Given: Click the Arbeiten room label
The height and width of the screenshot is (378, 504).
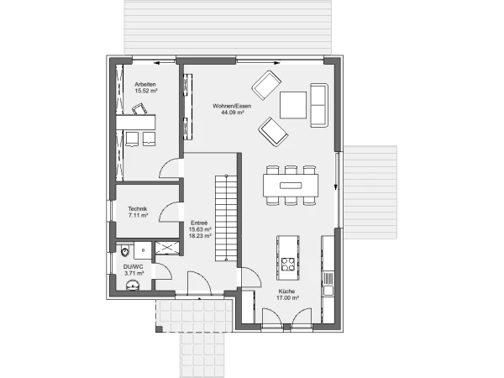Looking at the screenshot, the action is tap(145, 84).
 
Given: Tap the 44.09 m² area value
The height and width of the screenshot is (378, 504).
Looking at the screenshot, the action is tap(233, 113).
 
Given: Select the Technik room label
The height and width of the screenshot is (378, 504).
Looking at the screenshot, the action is tap(138, 208).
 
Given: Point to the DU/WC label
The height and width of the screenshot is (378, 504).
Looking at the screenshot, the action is tap(134, 267).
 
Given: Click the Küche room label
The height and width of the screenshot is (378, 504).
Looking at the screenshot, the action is tap(286, 291).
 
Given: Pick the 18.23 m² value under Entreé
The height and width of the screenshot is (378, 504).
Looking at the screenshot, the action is tap(200, 235).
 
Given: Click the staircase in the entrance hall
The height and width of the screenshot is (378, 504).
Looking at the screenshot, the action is tap(226, 218).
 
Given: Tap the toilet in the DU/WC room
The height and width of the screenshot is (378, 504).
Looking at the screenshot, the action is tap(124, 250).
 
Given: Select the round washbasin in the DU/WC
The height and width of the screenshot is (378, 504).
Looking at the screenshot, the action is tap(133, 285).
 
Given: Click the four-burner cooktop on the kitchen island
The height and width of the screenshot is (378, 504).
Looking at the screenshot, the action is tap(288, 264).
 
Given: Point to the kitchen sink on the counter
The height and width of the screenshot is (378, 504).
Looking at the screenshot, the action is tap(328, 291).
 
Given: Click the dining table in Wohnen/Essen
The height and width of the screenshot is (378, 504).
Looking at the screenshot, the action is tap(291, 185).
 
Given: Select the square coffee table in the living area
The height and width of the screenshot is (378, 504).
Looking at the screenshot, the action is tap(293, 105).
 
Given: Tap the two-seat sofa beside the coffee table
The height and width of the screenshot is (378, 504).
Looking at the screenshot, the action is tap(319, 105).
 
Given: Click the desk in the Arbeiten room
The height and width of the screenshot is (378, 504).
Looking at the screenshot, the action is tap(135, 122).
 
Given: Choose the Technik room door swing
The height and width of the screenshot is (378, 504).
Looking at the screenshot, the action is tap(170, 212).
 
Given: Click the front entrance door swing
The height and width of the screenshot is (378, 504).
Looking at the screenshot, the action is tap(199, 283).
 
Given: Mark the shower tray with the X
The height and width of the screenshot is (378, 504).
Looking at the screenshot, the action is tap(167, 248).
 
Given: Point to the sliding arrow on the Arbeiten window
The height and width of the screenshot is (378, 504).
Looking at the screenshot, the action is tap(161, 63).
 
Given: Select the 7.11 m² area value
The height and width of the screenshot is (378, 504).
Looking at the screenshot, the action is tap(139, 215).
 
